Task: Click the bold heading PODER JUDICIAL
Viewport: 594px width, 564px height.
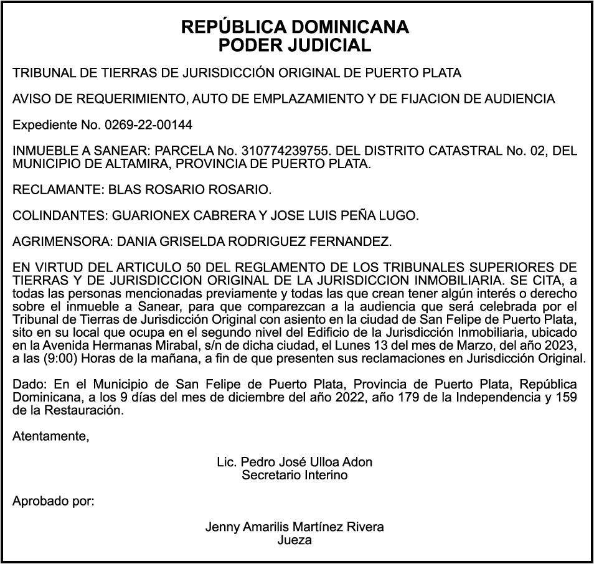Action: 295,45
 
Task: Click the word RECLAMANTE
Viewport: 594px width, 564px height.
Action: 57,189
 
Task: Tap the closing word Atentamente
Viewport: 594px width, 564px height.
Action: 50,436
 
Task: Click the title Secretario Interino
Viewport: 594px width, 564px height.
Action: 295,476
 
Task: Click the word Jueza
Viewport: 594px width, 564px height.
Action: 295,540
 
